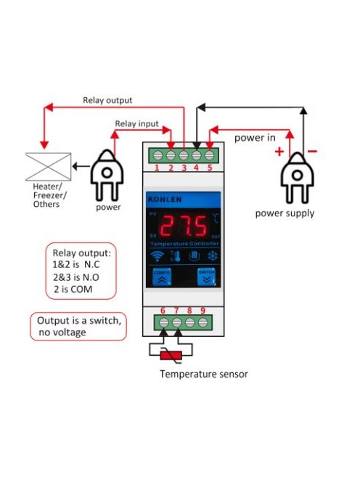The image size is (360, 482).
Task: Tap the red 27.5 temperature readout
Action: [x=182, y=226]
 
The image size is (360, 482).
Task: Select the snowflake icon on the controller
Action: [x=213, y=256]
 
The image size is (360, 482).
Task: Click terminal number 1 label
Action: [x=157, y=168]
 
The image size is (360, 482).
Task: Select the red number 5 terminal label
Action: [x=210, y=168]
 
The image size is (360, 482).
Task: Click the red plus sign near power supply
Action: [x=277, y=152]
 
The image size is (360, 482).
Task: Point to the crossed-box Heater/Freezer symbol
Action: [x=48, y=166]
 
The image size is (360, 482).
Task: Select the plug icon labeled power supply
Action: [x=296, y=179]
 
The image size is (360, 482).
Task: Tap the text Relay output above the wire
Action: [x=107, y=101]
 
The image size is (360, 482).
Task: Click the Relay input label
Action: [x=136, y=124]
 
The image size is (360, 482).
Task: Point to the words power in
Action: [x=254, y=137]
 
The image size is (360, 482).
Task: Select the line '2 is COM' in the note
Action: [x=73, y=290]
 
